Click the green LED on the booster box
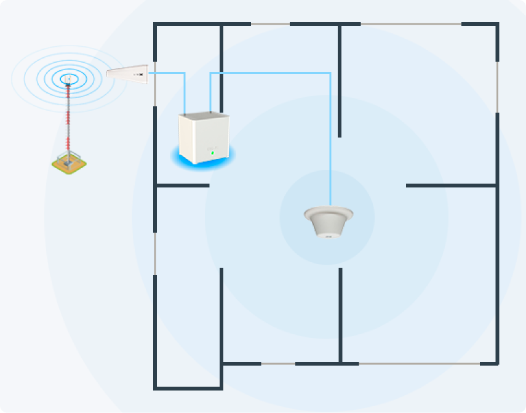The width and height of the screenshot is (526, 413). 212,152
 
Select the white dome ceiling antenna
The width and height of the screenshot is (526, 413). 329,222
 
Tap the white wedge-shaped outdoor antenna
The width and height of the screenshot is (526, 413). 127,74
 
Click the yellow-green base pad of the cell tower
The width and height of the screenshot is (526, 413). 68,163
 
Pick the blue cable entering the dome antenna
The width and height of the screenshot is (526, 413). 330,154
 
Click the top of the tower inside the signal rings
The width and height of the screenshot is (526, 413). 68,79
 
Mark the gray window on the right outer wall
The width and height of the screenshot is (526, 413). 497,86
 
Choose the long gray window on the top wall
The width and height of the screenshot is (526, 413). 411,24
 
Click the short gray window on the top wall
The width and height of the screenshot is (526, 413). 270,24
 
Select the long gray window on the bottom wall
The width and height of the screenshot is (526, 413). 418,364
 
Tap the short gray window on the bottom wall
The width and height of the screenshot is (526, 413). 278,364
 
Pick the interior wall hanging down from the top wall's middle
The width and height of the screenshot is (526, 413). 339,80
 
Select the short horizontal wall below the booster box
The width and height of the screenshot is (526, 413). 183,185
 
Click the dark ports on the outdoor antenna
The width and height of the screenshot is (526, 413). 141,74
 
